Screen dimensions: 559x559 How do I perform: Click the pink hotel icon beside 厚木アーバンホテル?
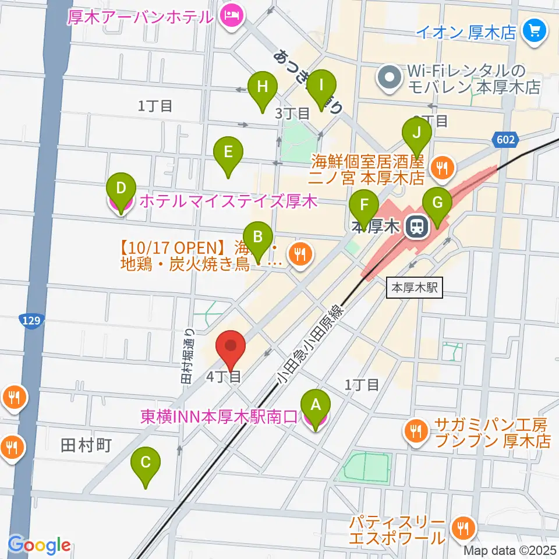[232, 16]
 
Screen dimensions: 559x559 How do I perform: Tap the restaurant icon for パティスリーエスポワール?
[464, 529]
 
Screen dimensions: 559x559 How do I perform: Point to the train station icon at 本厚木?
[417, 227]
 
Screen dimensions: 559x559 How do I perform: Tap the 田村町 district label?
[86, 445]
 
